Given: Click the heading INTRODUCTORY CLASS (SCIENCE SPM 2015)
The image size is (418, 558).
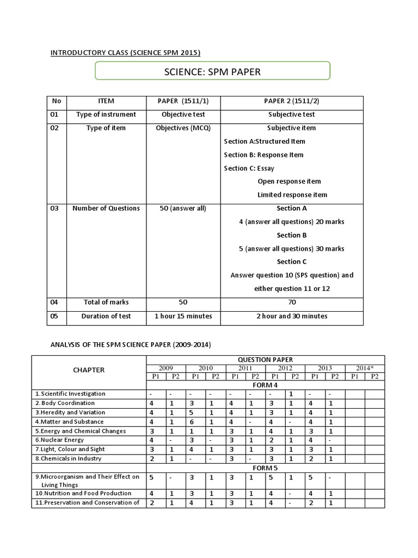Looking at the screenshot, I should [125, 53].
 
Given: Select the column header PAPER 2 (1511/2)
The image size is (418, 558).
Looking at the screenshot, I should [291, 101].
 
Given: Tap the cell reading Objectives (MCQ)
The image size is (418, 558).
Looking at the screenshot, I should [183, 128].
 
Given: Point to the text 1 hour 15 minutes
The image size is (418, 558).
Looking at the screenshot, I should [183, 316].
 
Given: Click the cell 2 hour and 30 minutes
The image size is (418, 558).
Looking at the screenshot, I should [291, 316].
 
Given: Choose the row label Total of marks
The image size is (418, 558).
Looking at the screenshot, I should [106, 302].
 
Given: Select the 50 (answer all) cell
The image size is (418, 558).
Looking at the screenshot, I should [183, 208].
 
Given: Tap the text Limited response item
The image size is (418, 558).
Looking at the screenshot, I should [292, 195].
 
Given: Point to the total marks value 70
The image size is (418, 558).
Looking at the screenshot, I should [291, 302].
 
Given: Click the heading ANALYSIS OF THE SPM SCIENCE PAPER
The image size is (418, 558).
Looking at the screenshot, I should [131, 345].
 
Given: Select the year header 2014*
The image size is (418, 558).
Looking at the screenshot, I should [365, 368].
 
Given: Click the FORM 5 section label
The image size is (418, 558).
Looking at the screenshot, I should [265, 468].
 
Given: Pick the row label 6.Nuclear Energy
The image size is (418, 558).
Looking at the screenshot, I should [62, 440].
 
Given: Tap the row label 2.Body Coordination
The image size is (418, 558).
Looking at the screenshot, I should [66, 403].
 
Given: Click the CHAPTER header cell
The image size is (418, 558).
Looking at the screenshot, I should [89, 370].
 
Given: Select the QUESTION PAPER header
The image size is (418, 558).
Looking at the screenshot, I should [265, 360].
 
